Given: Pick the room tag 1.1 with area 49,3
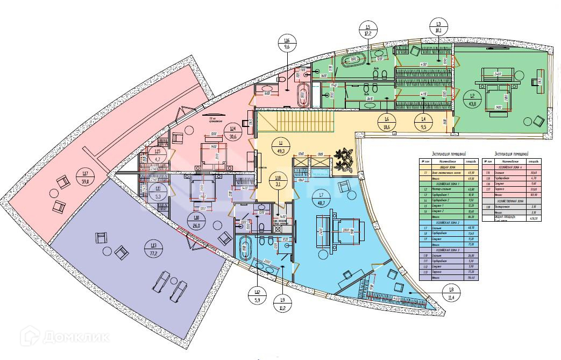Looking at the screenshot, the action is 281,146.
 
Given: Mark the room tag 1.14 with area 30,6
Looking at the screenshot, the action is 232,132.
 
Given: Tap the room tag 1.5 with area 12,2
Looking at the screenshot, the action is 368,30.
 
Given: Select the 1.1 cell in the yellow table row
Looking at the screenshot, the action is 425,173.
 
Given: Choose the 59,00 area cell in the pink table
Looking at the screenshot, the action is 533,188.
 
